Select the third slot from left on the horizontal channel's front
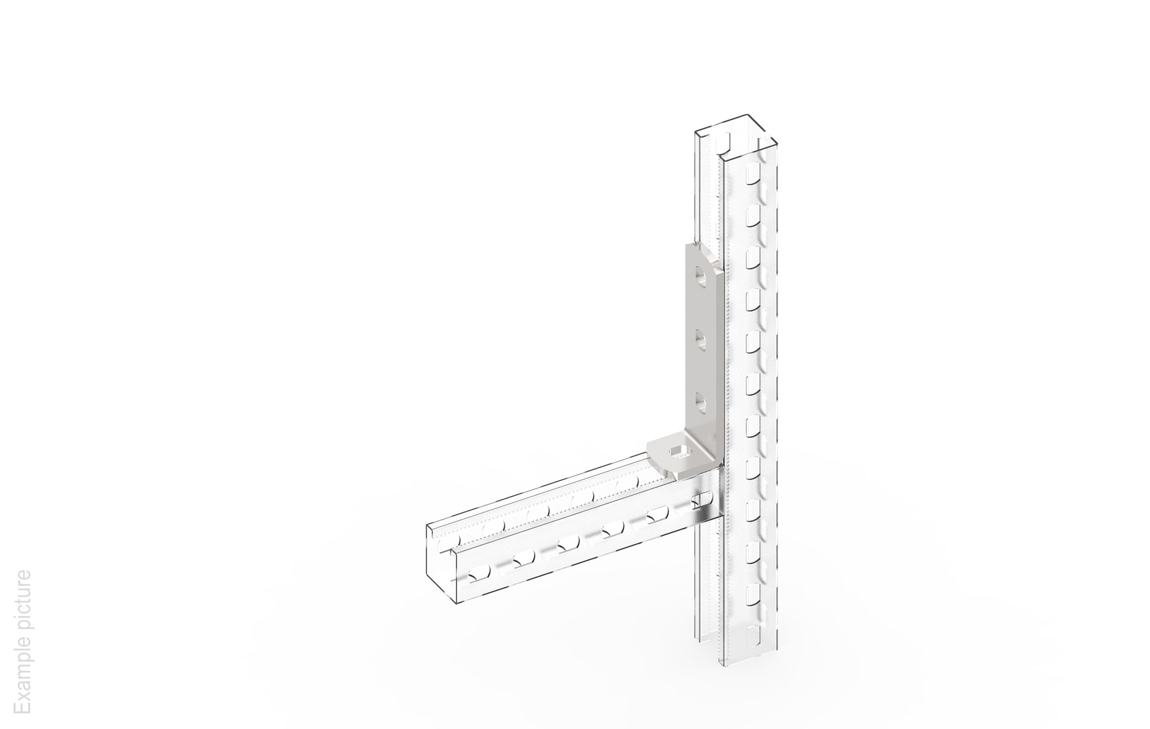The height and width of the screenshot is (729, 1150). (x=568, y=545)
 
